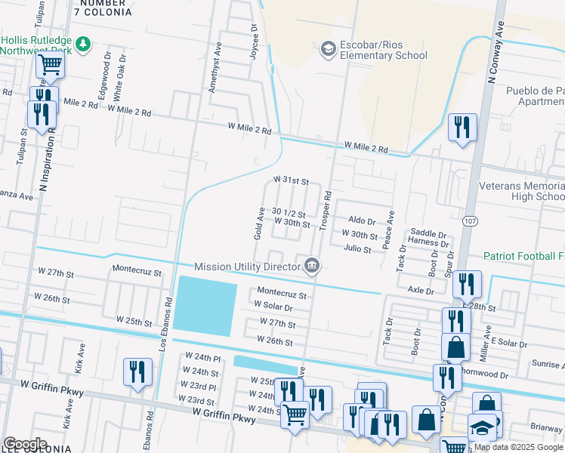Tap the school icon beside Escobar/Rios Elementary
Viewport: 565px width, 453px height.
coord(328,50)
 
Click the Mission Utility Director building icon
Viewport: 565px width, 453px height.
coord(311,265)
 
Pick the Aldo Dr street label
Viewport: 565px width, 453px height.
coord(362,220)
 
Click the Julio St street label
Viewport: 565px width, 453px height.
coord(357,248)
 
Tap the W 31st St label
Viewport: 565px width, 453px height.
coord(292,181)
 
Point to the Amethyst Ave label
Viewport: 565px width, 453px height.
coord(215,67)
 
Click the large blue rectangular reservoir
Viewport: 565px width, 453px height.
coord(202,306)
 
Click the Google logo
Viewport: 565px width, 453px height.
coord(25,444)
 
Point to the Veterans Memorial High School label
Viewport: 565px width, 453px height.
coord(522,190)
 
